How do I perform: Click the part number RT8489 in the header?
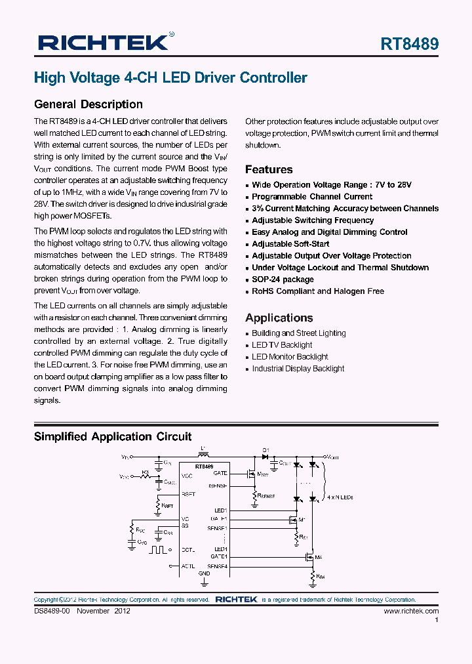click(410, 44)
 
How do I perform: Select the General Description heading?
click(88, 104)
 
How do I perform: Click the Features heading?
click(269, 169)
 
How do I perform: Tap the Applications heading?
click(279, 318)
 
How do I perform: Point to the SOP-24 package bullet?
click(283, 280)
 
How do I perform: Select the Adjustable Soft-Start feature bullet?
click(290, 244)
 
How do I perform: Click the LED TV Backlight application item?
click(282, 345)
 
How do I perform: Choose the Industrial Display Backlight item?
click(298, 369)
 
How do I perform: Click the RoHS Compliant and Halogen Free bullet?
click(318, 291)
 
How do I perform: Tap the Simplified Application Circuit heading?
click(113, 437)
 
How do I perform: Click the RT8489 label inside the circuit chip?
click(204, 467)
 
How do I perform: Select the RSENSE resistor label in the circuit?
click(266, 497)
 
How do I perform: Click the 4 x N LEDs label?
click(339, 498)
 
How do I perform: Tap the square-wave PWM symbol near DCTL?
click(159, 549)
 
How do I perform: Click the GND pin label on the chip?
click(204, 573)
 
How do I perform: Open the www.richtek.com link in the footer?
click(411, 611)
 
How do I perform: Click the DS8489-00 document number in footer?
click(52, 611)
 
